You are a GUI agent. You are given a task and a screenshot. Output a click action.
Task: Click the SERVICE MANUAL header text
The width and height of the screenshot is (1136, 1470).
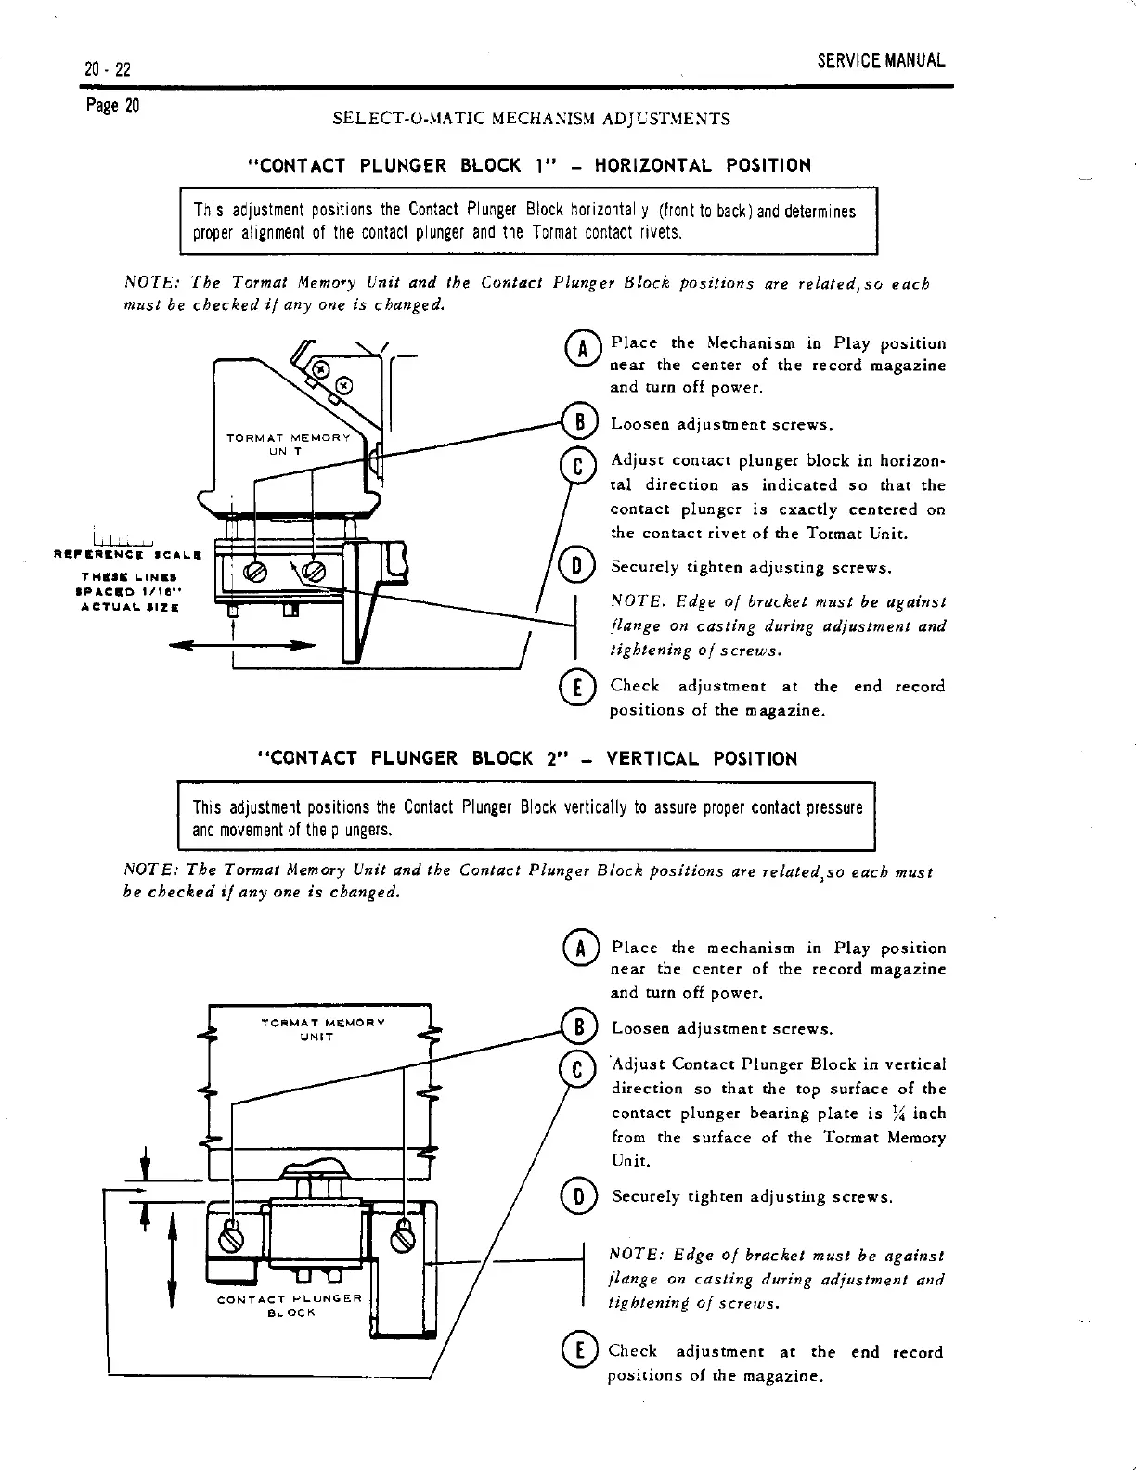coord(881,61)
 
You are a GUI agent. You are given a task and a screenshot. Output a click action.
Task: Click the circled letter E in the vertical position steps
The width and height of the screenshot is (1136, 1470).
coord(576,1352)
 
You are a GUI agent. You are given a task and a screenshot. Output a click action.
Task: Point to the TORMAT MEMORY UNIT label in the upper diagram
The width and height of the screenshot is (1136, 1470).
coord(288,445)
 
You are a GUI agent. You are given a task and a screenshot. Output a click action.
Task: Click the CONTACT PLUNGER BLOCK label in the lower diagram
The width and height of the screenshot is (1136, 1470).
coord(289,1305)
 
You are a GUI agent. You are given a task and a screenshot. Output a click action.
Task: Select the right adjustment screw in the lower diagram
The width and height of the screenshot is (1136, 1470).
coord(402,1237)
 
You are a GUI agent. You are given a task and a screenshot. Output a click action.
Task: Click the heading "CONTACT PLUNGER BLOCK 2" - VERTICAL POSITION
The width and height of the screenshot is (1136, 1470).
coord(525,758)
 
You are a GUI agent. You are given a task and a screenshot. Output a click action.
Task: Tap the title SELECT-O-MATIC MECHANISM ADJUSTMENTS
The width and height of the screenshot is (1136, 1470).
coord(531,119)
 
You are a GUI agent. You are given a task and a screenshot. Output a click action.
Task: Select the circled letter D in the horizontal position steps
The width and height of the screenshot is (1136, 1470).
coord(575,567)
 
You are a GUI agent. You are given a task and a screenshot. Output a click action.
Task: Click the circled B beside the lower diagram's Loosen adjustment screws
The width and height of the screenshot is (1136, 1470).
coord(578,1027)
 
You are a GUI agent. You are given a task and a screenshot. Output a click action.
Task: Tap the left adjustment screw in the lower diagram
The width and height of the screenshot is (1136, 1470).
coord(234,1238)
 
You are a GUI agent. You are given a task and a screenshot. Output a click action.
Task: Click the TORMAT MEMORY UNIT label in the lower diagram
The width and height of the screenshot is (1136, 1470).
coord(322,1029)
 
